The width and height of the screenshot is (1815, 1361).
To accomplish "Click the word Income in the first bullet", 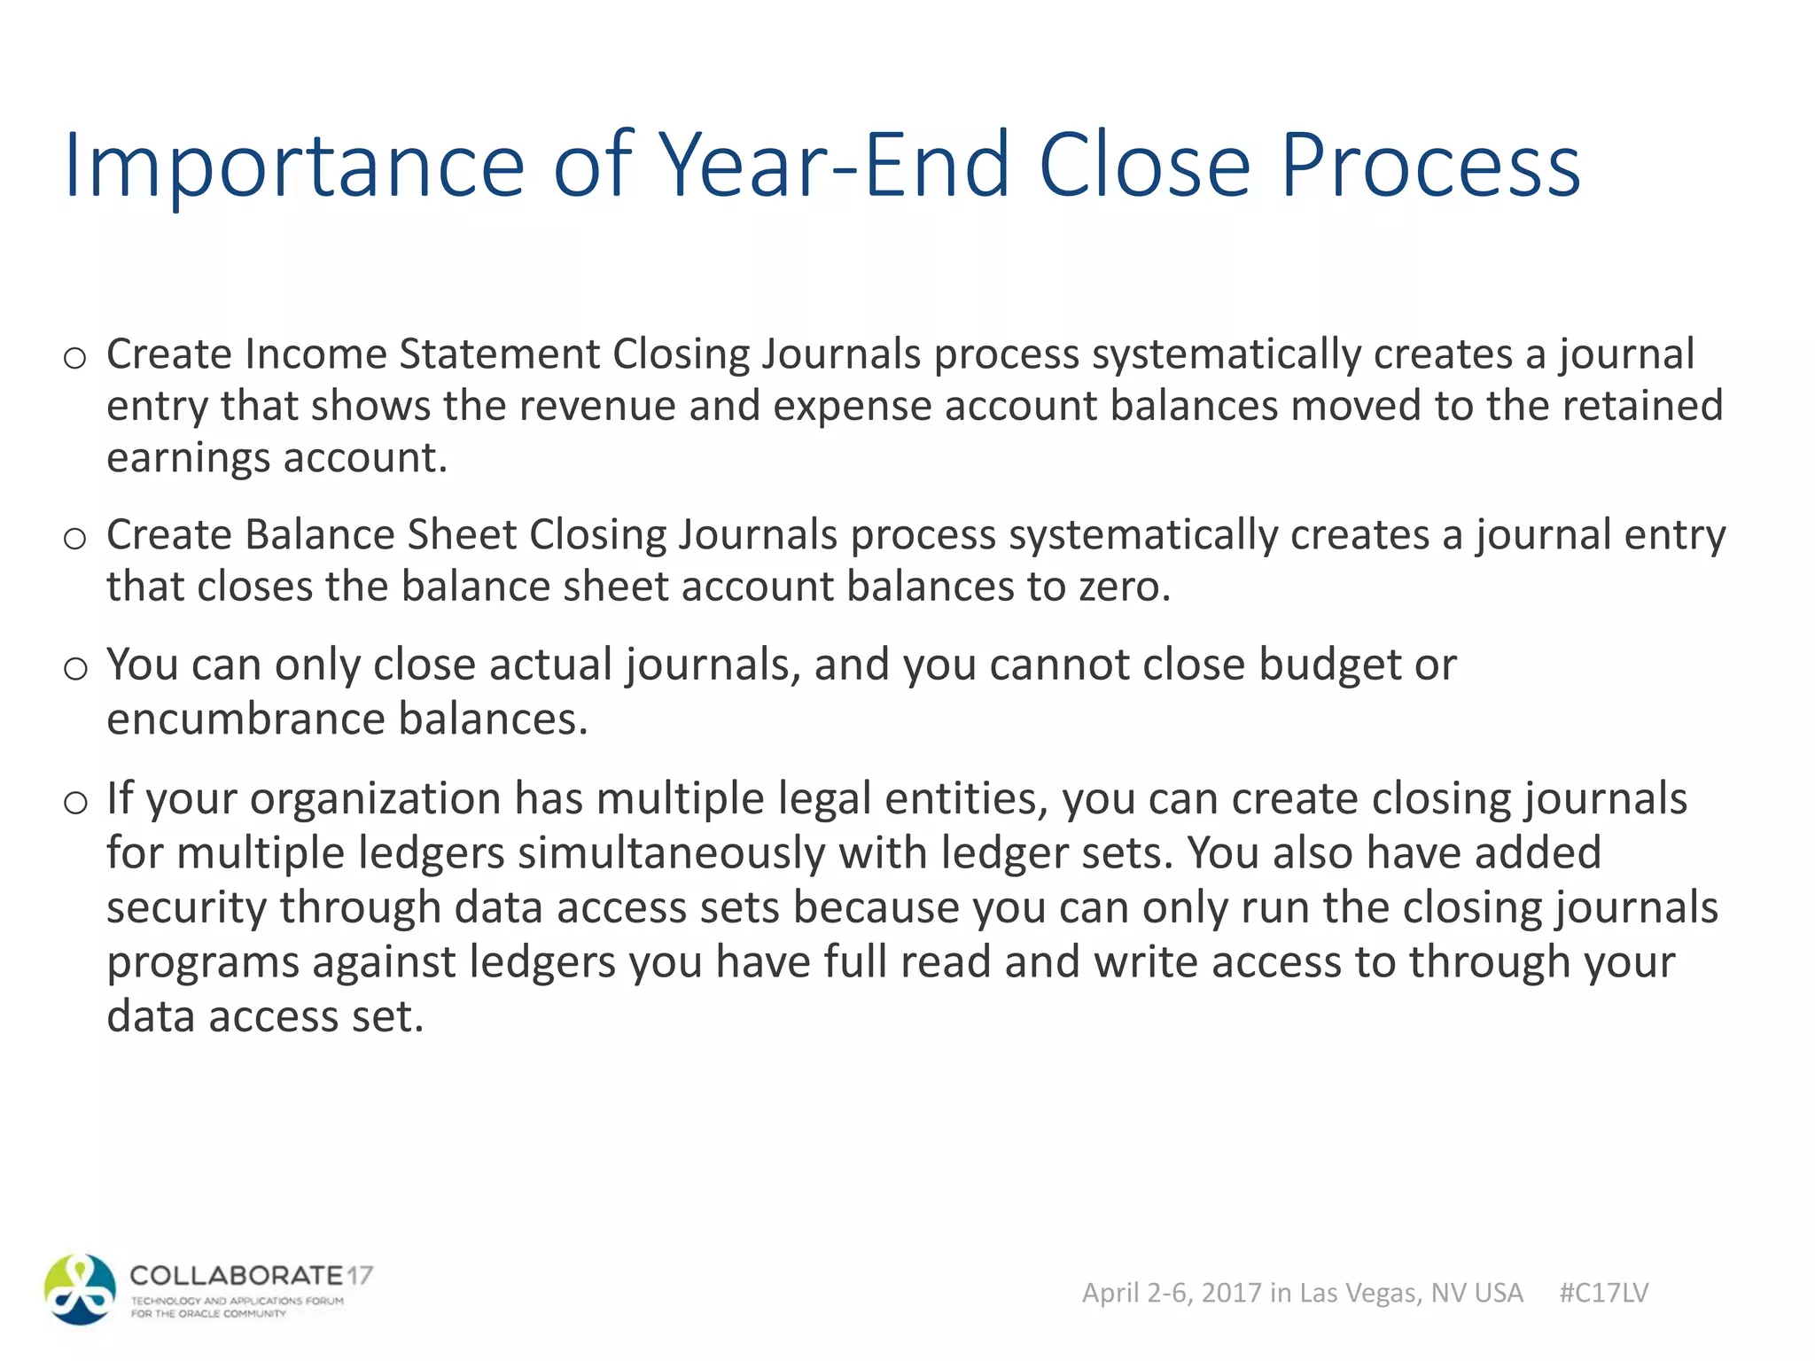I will (x=315, y=354).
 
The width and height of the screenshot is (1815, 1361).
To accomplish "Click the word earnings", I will (x=188, y=458).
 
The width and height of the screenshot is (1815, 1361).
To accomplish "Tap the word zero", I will (x=1124, y=587).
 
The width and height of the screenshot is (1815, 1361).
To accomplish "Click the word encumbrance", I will (x=245, y=718).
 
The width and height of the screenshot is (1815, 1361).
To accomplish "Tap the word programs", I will (x=203, y=962).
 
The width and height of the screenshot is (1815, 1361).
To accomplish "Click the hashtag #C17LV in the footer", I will (x=1603, y=1293).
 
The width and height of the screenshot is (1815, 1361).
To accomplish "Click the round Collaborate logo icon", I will (x=80, y=1289).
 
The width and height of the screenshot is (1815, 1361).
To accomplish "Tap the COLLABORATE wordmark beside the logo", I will (x=237, y=1276).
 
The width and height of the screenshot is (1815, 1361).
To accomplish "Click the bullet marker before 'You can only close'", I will (x=75, y=668).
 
